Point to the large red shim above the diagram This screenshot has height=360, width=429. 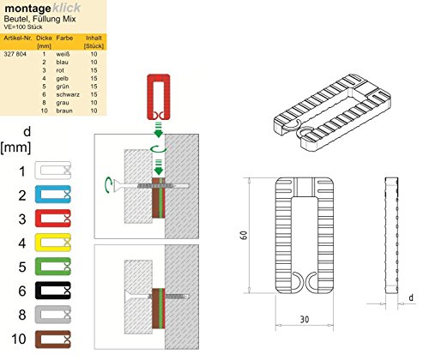coord(157,97)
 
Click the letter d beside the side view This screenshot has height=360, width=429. coord(411,298)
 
